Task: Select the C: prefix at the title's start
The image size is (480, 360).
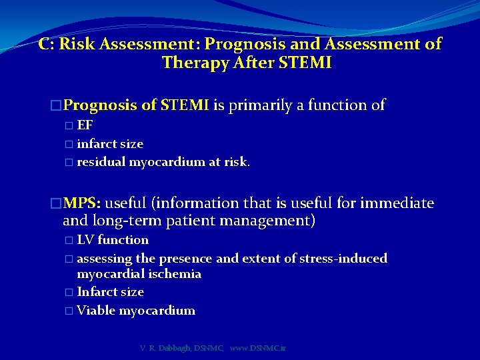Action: (47, 45)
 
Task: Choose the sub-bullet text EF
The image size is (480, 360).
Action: (85, 125)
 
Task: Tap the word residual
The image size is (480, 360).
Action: (101, 163)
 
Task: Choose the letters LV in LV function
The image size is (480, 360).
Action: (85, 240)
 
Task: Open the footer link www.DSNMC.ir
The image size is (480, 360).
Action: (257, 349)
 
